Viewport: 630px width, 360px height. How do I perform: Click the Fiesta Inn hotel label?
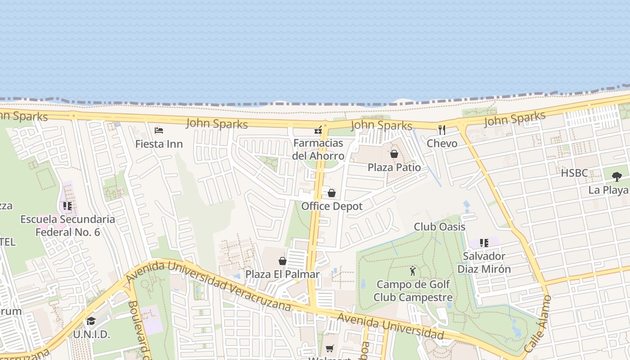tap(159, 144)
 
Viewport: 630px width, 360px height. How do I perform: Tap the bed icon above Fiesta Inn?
tap(159, 130)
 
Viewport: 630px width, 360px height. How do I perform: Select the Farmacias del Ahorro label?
tap(318, 149)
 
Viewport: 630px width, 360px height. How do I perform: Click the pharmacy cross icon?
tap(318, 130)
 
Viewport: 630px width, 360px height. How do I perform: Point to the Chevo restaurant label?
tap(442, 144)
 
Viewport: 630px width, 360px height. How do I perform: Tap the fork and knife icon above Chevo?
tap(442, 130)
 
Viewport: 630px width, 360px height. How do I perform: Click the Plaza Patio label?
tap(394, 167)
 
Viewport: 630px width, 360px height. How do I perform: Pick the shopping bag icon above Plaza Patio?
tap(394, 154)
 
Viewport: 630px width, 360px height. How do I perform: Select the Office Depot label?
tap(332, 206)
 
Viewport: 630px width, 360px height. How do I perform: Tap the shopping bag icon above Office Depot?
tap(332, 193)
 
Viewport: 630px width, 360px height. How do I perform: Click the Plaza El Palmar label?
tap(283, 274)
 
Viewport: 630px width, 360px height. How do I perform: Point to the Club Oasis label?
tap(440, 226)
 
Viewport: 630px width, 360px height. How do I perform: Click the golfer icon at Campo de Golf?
tap(413, 271)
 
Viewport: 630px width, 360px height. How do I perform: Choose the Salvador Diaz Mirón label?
tap(484, 262)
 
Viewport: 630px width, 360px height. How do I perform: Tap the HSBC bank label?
tap(574, 173)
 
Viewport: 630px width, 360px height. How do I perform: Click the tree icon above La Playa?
tap(616, 176)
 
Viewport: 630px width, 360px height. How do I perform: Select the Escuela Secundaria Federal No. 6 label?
tap(68, 225)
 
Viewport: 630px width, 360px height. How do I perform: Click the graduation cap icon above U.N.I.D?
tap(91, 321)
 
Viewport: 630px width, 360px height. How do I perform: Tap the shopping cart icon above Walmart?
tap(330, 349)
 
